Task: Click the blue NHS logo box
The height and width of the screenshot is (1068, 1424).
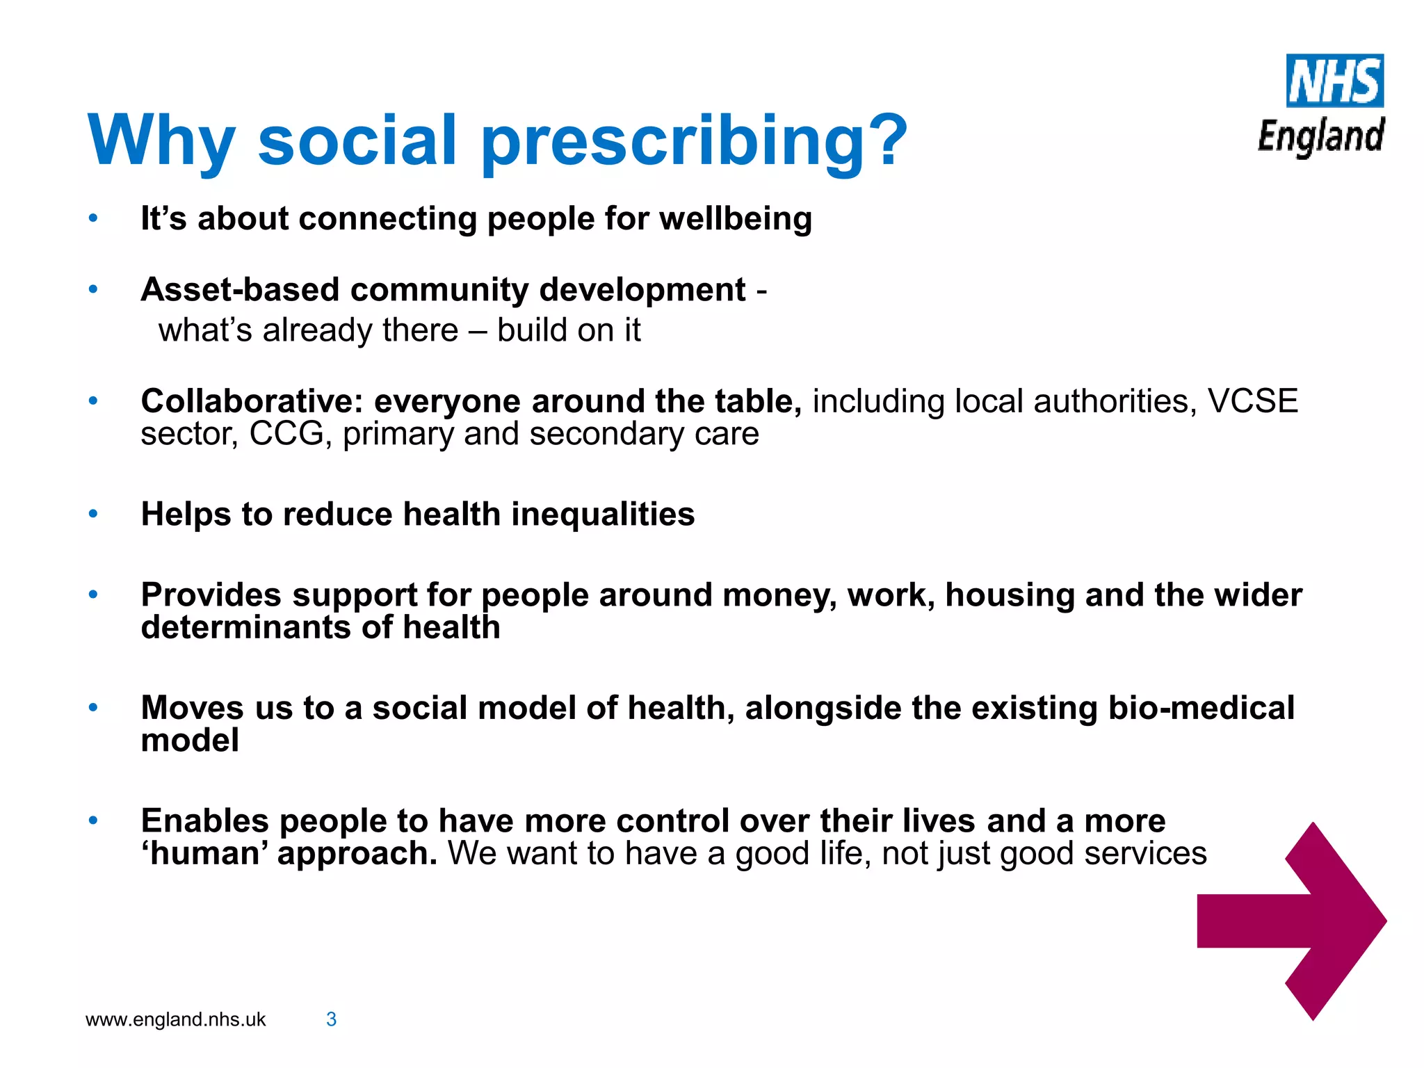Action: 1334,81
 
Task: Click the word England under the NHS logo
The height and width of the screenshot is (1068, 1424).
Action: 1321,136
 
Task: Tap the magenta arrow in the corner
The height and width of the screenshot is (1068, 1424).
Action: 1292,921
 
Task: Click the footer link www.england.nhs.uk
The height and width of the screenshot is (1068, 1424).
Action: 175,1019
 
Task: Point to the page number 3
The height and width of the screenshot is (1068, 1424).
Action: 332,1019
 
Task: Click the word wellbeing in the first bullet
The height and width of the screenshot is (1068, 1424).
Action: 736,219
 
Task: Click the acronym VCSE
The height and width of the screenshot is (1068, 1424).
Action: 1252,401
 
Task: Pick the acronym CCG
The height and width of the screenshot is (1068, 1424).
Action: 286,434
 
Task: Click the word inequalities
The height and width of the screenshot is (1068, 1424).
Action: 603,515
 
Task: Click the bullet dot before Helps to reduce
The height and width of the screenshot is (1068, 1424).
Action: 93,515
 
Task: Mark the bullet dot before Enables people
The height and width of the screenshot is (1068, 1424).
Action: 93,820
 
